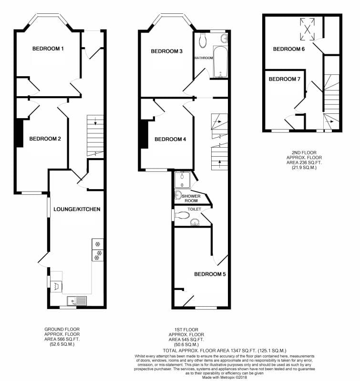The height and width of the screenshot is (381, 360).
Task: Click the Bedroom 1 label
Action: (48, 49)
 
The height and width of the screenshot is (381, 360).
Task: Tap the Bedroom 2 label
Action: (45, 139)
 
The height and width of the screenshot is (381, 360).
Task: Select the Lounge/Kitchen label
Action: (77, 209)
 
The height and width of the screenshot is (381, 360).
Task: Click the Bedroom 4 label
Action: (170, 139)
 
